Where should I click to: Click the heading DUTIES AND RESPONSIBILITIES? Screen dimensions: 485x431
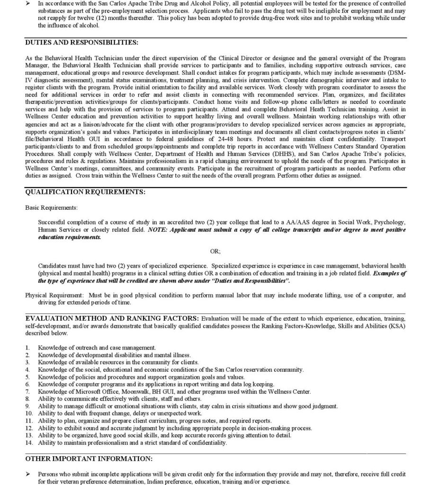pyautogui.click(x=81, y=43)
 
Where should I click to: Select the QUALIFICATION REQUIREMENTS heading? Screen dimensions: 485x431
pyautogui.click(x=85, y=192)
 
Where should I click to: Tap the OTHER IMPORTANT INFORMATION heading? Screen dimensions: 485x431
pyautogui.click(x=89, y=459)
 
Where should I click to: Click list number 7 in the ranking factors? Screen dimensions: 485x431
pyautogui.click(x=27, y=392)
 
